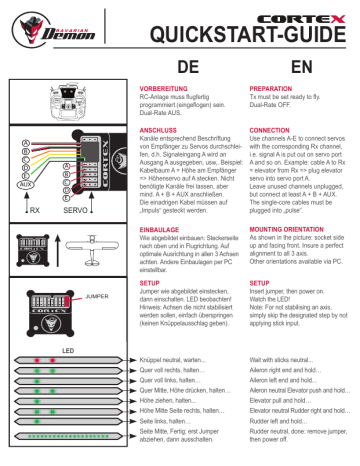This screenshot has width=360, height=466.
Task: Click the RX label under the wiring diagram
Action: [x=34, y=212]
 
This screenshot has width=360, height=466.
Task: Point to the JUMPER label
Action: [x=96, y=297]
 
